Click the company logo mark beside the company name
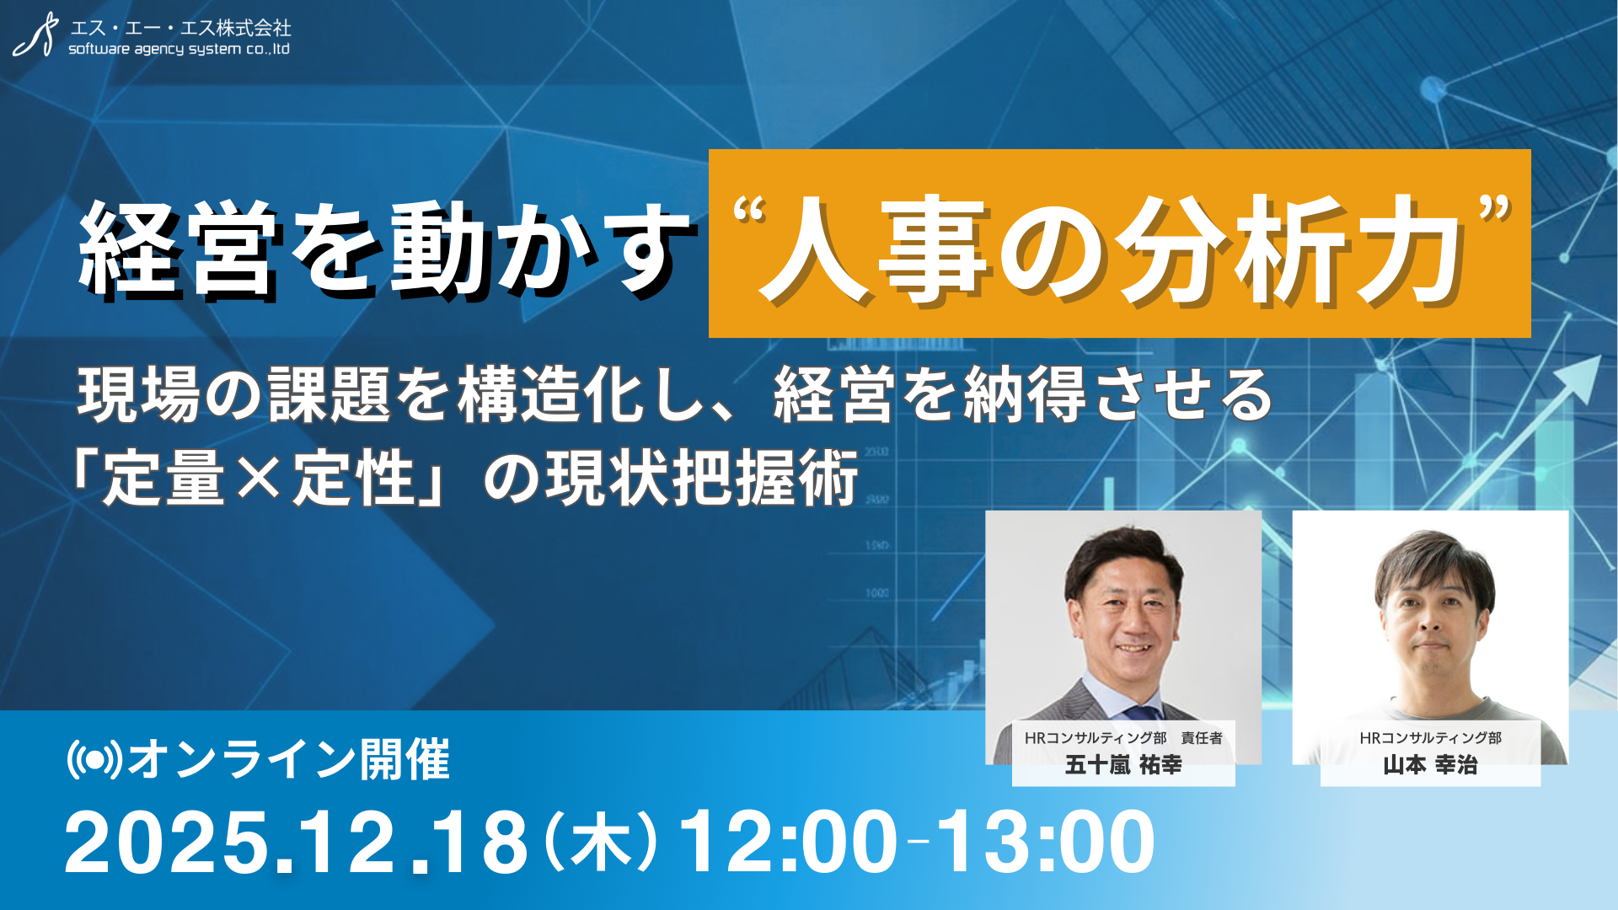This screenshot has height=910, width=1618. [35, 35]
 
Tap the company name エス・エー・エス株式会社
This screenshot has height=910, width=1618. [180, 28]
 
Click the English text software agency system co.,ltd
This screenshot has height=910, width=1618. [179, 49]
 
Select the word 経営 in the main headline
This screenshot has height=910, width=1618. [178, 249]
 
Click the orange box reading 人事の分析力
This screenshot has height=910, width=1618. [1119, 244]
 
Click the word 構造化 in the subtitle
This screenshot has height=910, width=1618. [552, 394]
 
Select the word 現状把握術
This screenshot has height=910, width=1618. [702, 478]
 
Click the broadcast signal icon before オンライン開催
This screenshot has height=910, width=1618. [95, 760]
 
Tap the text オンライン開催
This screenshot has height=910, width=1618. [289, 760]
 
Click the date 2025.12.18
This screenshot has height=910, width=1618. [296, 843]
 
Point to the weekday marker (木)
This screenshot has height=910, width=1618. [601, 843]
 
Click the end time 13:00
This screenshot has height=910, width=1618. [1046, 843]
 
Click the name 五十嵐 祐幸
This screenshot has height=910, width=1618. [1123, 765]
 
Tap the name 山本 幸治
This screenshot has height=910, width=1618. [1430, 765]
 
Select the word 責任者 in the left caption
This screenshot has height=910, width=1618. [1202, 738]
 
